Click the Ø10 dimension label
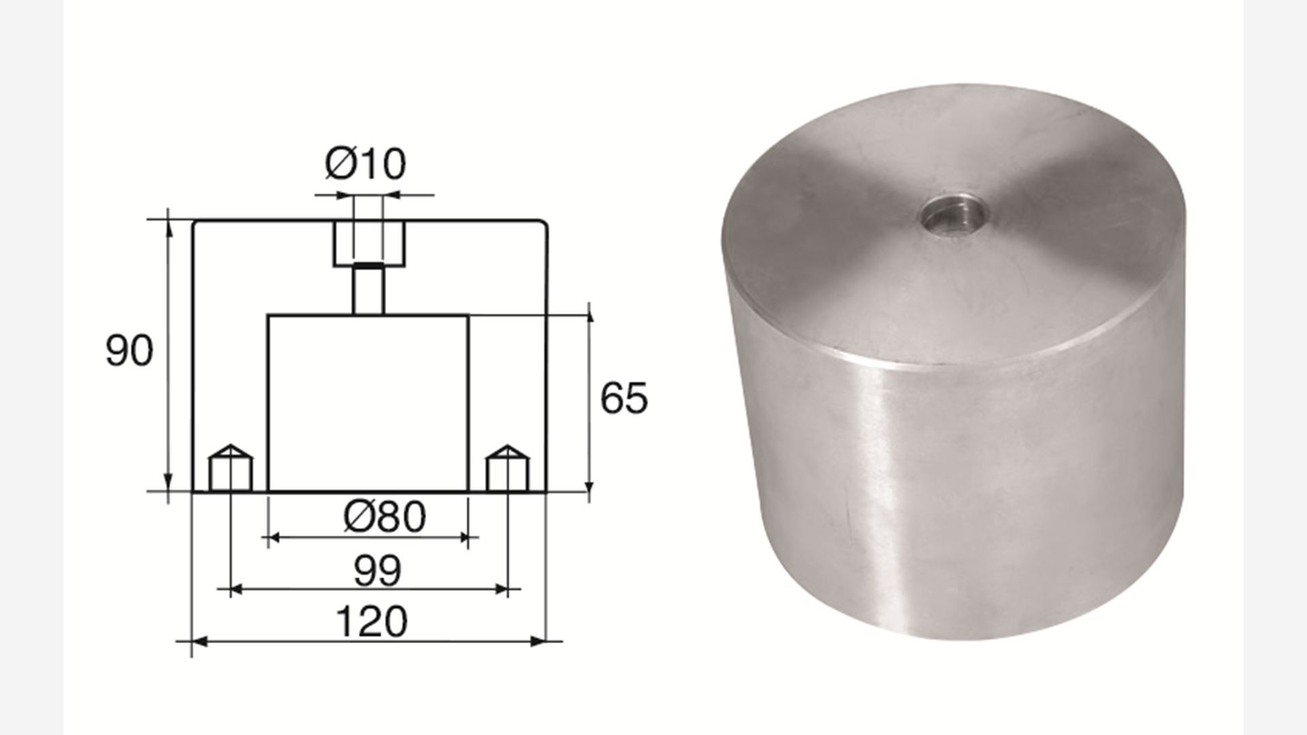coord(365,164)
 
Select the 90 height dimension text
coord(129,351)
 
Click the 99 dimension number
coord(378,570)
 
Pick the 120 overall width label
coord(372,621)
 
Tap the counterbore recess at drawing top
coord(369,243)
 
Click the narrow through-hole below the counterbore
coord(369,290)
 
